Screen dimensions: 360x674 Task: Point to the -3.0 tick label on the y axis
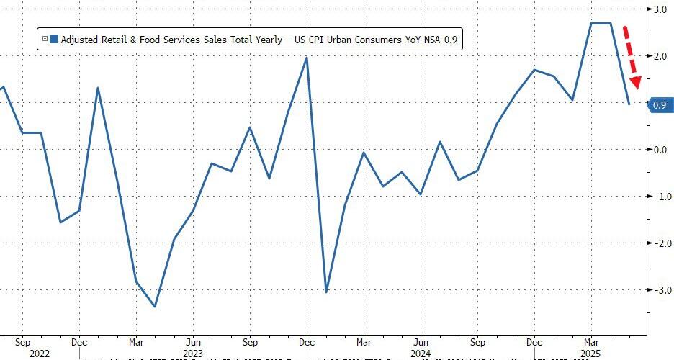click(x=660, y=290)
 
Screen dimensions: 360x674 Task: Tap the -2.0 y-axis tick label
click(x=660, y=243)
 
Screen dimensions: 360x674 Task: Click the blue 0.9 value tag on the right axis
click(x=658, y=106)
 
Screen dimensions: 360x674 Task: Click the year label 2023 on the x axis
click(x=193, y=354)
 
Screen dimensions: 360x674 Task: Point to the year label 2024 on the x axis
click(x=420, y=354)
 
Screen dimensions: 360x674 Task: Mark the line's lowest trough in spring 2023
click(x=155, y=307)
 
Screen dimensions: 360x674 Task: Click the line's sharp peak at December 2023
click(x=307, y=58)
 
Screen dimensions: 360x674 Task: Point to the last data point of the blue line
click(x=629, y=104)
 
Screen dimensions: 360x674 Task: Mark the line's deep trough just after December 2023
click(x=326, y=292)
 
